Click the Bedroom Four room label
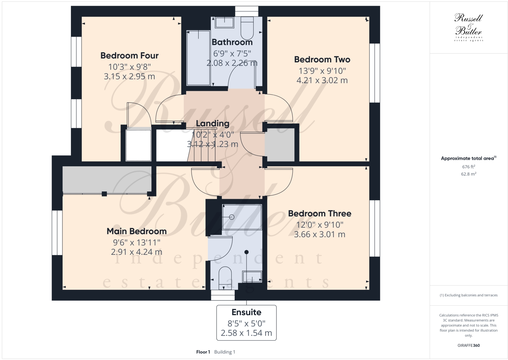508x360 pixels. [x=129, y=56]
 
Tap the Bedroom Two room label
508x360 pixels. [x=322, y=60]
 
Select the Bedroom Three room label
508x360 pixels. [x=320, y=213]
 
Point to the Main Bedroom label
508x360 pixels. [x=137, y=231]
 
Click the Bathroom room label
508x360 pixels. [x=232, y=42]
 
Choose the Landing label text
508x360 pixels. [x=213, y=124]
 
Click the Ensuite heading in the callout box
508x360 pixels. [x=246, y=312]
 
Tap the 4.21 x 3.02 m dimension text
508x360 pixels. [x=322, y=80]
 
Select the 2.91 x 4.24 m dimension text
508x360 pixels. [x=137, y=252]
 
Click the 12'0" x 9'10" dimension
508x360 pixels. [x=320, y=225]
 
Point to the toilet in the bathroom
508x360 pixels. [x=247, y=29]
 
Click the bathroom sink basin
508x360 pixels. [x=224, y=23]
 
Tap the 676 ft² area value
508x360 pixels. [x=468, y=167]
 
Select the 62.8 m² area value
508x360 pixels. [x=468, y=174]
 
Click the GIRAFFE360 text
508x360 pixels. [x=468, y=345]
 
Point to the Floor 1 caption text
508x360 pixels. [x=203, y=352]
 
